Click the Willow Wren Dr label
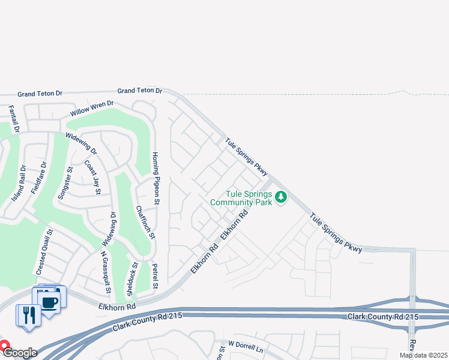(92, 109)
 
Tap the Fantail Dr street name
(14, 119)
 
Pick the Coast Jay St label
(92, 177)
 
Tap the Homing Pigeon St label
(155, 178)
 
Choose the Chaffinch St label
(145, 223)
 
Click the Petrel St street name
(155, 275)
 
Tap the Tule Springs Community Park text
(241, 198)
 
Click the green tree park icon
(280, 197)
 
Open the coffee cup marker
(50, 302)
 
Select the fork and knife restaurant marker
(28, 314)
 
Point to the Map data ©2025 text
(424, 355)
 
